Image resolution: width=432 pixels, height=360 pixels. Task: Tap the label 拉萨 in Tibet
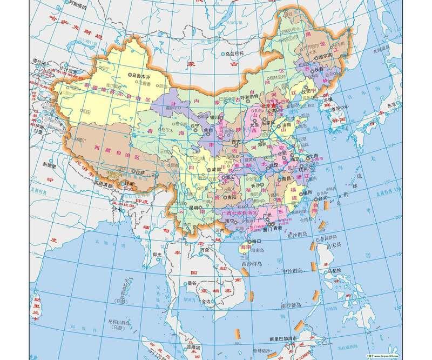pos(141,174)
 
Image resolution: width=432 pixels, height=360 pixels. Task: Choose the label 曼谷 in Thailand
pos(192,282)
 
